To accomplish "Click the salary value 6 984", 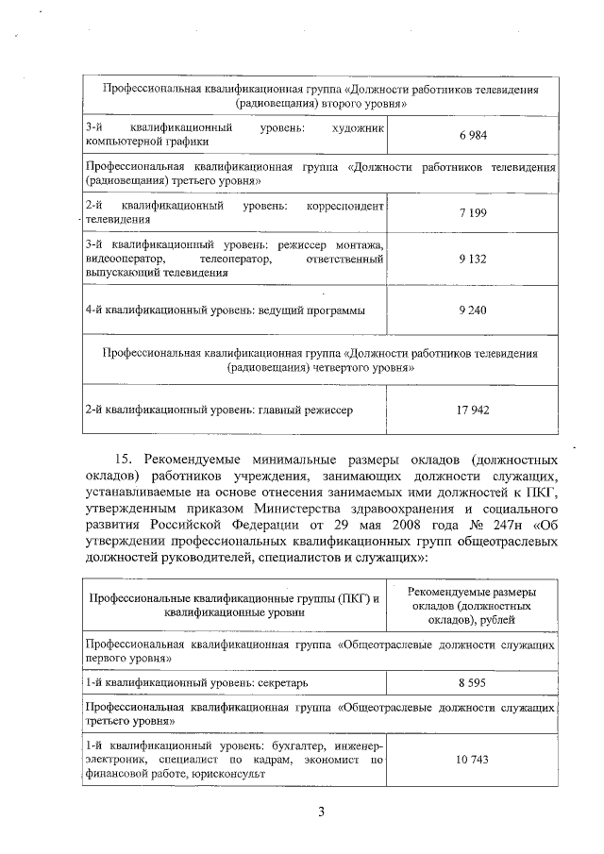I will click(472, 135).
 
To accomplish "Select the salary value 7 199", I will click(472, 213).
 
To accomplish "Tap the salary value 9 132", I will click(472, 258).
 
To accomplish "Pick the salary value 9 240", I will click(472, 309).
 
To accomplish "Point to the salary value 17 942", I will click(472, 410).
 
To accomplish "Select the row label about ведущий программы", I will click(224, 309).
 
